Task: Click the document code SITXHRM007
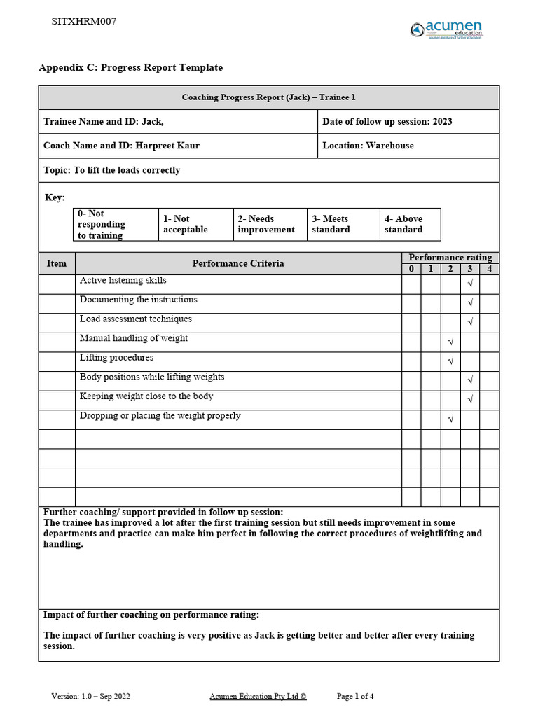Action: tap(84, 21)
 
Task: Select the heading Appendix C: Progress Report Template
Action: tap(130, 68)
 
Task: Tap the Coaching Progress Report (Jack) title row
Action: tap(269, 97)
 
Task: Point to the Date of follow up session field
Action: tap(387, 121)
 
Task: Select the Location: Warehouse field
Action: tap(368, 146)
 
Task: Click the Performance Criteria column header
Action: tap(238, 263)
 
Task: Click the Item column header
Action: tap(57, 263)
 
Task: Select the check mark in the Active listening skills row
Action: tap(470, 284)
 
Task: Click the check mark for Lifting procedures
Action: tap(450, 361)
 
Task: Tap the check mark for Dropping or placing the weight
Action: tap(450, 419)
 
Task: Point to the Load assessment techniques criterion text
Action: tap(135, 319)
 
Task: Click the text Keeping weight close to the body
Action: tap(146, 396)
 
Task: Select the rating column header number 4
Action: tap(489, 269)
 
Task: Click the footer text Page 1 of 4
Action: tap(355, 697)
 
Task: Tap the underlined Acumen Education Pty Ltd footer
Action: tap(258, 697)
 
